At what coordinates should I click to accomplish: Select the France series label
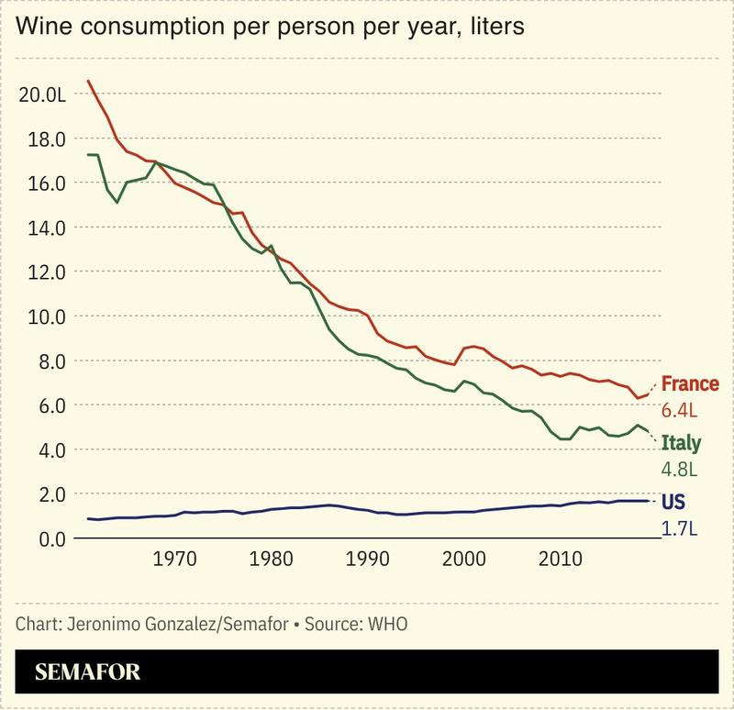coord(689,384)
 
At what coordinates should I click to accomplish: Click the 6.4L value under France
coord(680,409)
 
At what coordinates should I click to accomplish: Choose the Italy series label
coord(681,444)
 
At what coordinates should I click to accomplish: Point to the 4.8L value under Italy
coord(680,469)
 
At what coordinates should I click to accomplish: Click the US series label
coord(673,503)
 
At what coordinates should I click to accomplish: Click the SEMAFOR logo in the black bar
coord(87,672)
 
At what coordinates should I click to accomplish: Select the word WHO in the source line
coord(386,624)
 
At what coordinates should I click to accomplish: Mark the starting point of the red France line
coord(88,81)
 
